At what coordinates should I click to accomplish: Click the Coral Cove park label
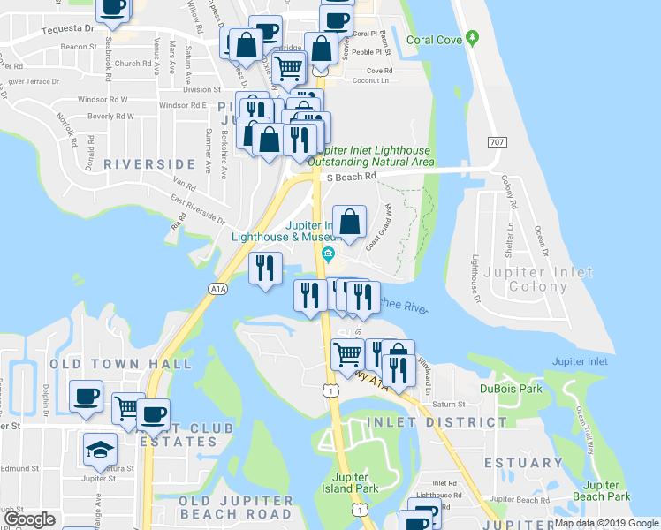(x=435, y=40)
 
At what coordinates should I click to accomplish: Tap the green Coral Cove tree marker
(x=473, y=38)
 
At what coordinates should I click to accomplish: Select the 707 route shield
(x=496, y=142)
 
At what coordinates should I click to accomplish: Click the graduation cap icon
(x=100, y=449)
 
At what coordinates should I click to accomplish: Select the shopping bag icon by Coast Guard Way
(x=350, y=222)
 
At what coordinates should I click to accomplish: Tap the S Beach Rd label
(x=351, y=177)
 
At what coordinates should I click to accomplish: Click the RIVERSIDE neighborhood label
(x=148, y=164)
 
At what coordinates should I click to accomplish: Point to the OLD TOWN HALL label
(x=120, y=364)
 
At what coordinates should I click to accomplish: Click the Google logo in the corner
(x=29, y=520)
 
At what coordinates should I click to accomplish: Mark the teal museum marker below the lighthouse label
(x=329, y=256)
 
